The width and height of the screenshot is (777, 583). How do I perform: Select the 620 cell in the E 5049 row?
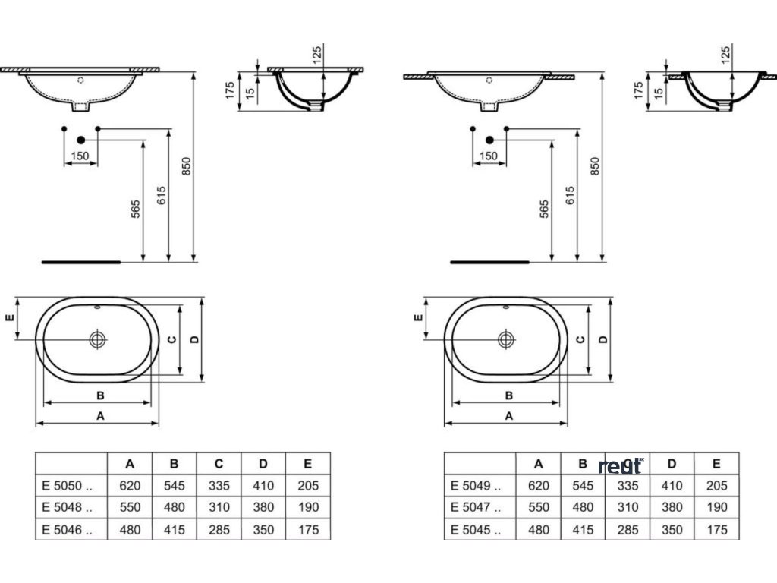[x=538, y=486]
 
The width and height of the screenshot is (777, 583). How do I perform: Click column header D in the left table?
[x=263, y=464]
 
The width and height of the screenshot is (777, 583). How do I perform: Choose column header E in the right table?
[x=716, y=464]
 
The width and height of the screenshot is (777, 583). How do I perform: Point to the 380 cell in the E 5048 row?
[x=263, y=507]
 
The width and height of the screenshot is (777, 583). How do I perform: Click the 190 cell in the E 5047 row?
[x=716, y=507]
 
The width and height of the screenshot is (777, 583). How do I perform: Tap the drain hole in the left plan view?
[x=98, y=339]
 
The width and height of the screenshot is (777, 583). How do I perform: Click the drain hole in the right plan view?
[x=506, y=339]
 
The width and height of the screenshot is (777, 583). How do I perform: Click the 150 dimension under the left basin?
[x=80, y=156]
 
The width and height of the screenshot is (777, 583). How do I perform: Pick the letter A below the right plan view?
[x=509, y=415]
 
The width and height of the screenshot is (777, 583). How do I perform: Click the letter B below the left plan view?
[x=99, y=395]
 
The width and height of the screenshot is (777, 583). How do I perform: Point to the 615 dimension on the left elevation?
[x=161, y=195]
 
